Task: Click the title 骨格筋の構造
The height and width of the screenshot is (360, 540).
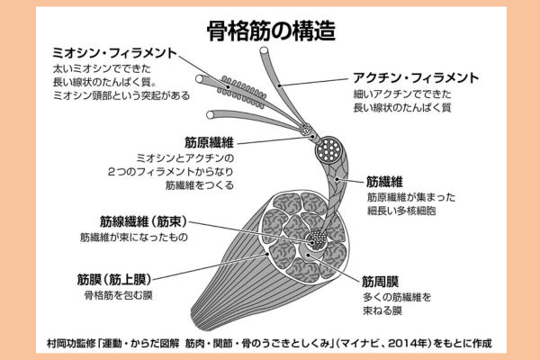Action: point(270,30)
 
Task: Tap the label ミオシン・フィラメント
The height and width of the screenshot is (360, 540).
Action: point(115,53)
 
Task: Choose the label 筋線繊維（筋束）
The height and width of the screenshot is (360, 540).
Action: point(138,220)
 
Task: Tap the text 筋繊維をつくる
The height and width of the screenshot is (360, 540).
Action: point(199,186)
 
